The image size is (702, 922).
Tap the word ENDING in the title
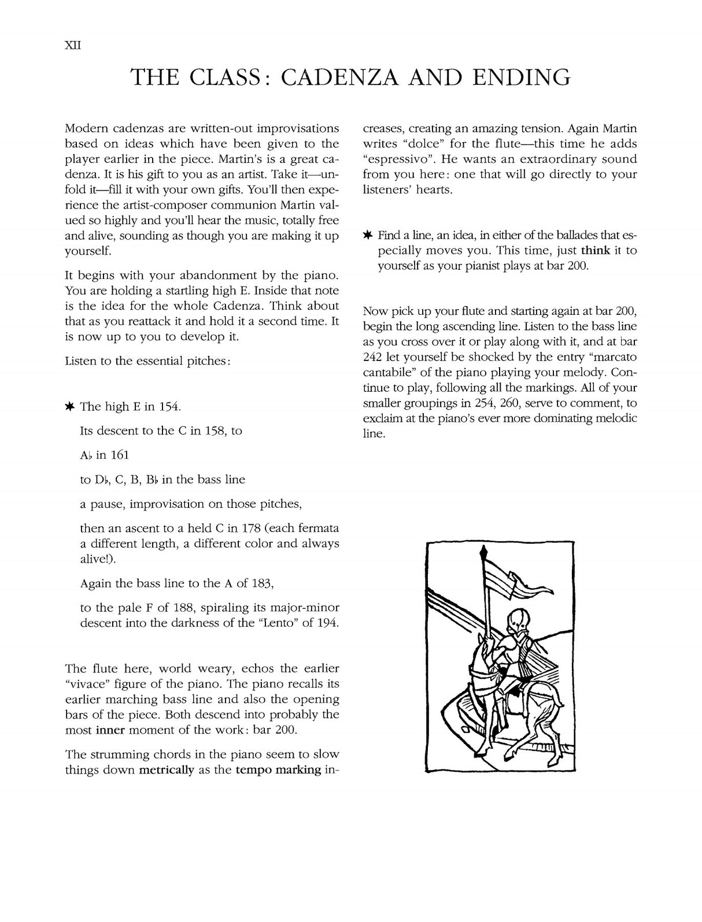519,77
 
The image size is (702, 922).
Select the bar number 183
260,583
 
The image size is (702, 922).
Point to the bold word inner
110,730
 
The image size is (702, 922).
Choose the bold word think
596,251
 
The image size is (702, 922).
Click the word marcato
616,357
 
